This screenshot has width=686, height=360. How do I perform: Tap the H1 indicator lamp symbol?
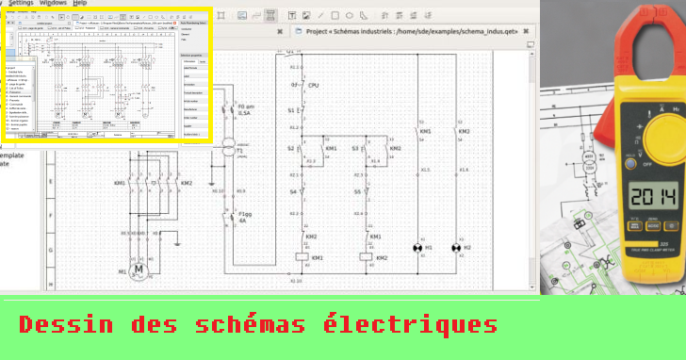(420, 249)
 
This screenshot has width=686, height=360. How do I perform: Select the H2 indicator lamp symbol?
(457, 249)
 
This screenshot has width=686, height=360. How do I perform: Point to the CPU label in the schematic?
(314, 85)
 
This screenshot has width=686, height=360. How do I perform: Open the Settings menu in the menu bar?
(19, 4)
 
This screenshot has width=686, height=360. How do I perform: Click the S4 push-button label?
(292, 192)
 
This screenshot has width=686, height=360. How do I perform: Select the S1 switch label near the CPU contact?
(291, 111)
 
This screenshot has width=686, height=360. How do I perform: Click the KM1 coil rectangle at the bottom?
(302, 256)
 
